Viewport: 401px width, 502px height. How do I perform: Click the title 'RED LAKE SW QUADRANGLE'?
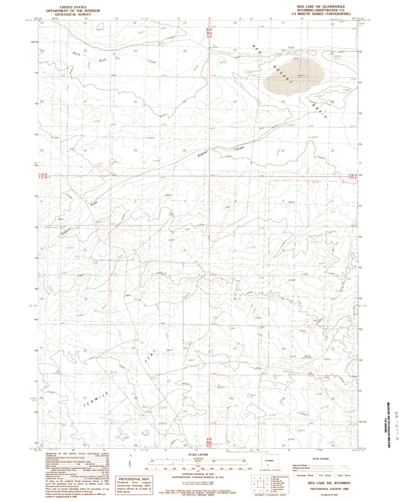[x=321, y=7]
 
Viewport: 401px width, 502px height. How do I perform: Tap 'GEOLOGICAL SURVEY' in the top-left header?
[x=73, y=14]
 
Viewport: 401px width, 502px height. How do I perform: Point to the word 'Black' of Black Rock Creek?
[x=77, y=54]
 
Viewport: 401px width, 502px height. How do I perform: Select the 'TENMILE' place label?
[x=95, y=400]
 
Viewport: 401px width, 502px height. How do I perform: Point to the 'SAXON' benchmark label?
[x=307, y=356]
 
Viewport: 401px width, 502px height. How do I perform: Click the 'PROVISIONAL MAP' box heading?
[x=134, y=479]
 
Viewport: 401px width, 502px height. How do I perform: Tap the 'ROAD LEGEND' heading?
[x=321, y=459]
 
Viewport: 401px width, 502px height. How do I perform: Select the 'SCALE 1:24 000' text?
[x=198, y=455]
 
